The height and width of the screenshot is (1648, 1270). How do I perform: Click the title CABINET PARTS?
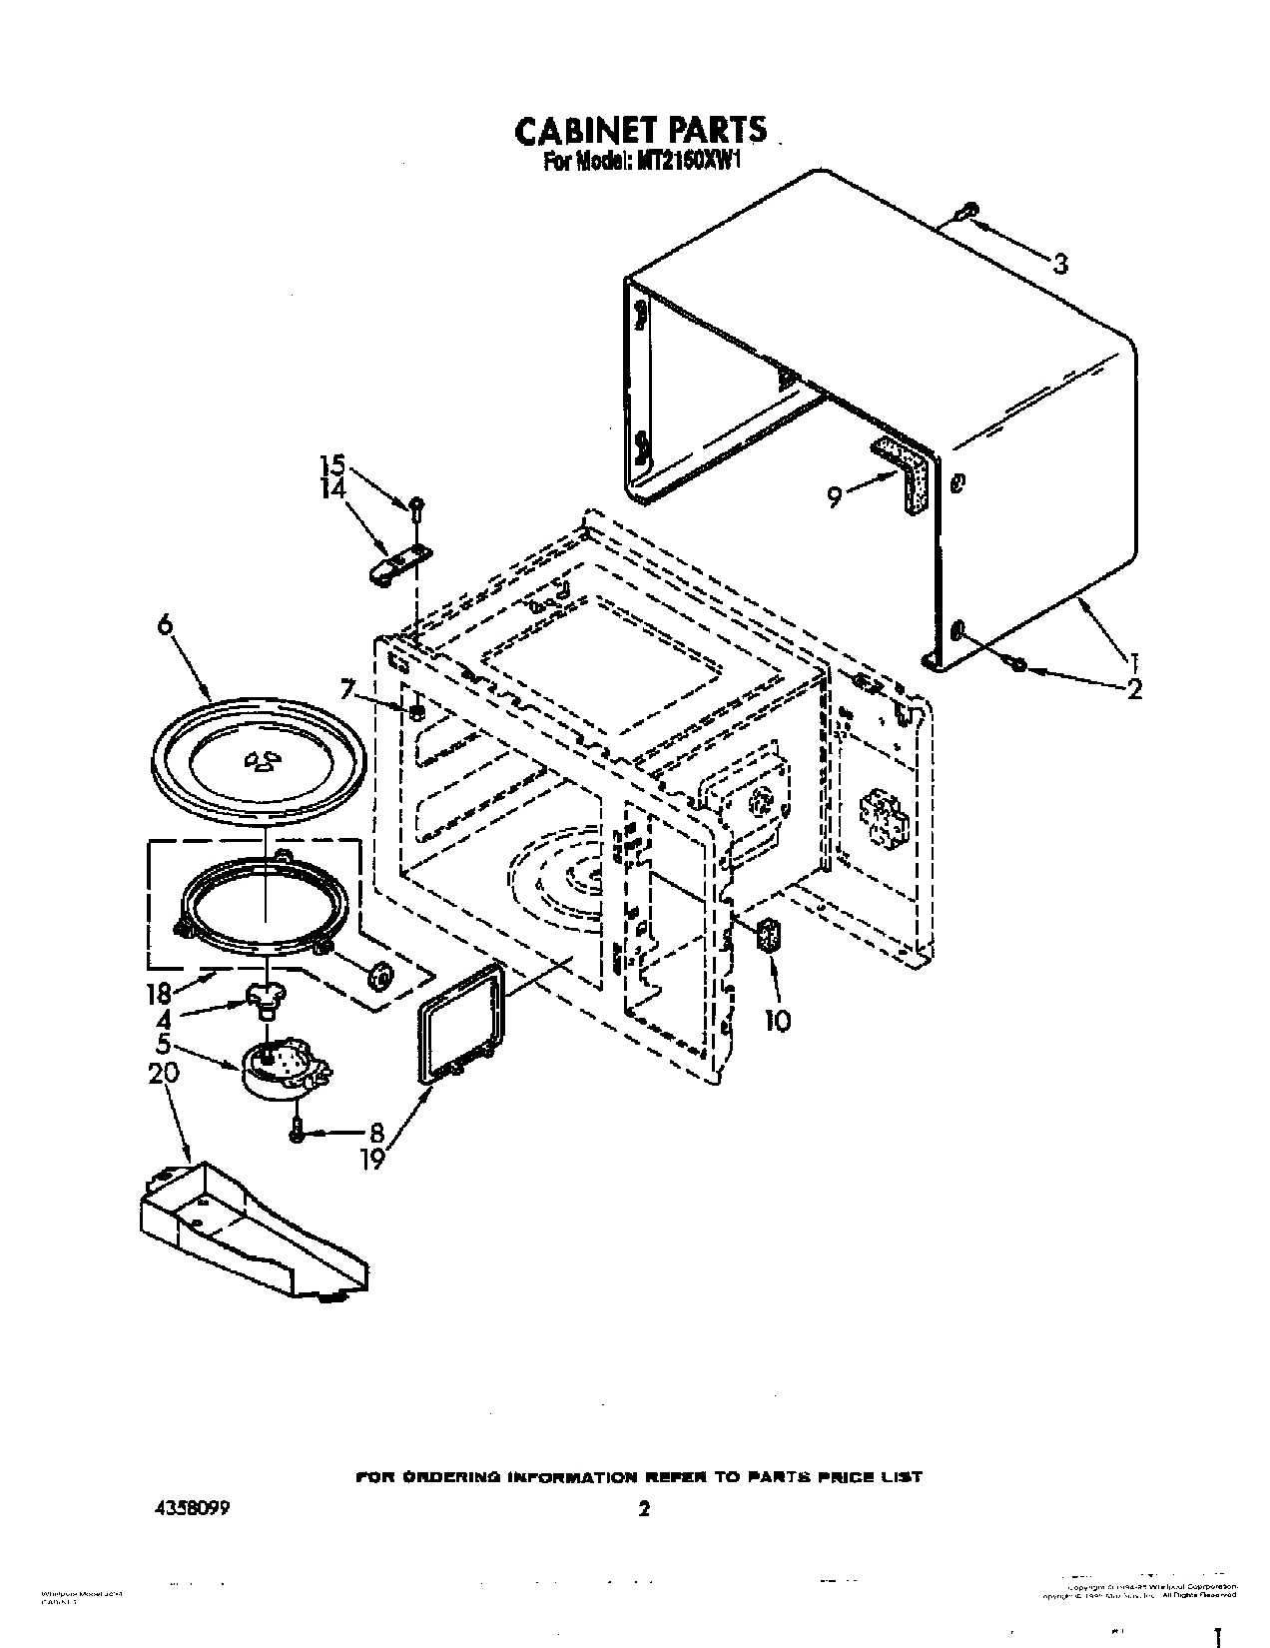coord(640,130)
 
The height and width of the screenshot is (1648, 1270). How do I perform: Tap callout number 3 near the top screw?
coord(1059,264)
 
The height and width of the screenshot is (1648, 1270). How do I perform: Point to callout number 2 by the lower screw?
coord(1132,688)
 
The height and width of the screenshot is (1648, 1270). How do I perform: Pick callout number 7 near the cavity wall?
coord(346,689)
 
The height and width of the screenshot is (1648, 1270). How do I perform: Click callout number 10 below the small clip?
coord(777,1020)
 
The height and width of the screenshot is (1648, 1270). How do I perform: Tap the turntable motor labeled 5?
coord(283,1069)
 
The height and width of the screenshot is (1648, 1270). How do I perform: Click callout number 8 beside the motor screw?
coord(375,1133)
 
